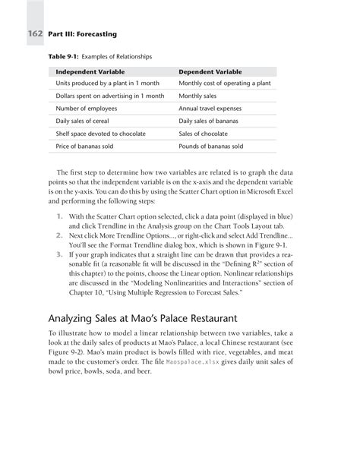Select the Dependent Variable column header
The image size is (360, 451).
[x=210, y=72]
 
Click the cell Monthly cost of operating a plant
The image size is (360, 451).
[x=224, y=84]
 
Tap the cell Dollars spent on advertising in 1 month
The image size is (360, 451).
[x=110, y=96]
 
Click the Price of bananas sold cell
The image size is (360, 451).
[x=88, y=146]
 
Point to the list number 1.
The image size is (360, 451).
[x=60, y=216]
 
